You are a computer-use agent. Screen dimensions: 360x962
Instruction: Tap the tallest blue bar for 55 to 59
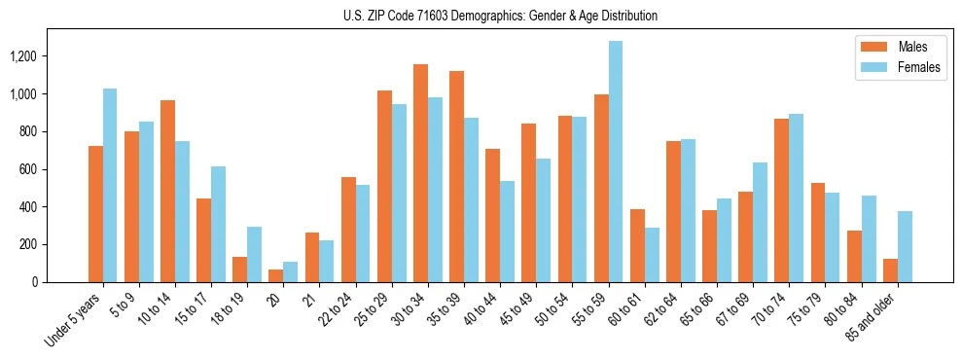[x=615, y=162]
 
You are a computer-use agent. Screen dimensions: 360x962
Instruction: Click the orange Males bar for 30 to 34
[x=420, y=173]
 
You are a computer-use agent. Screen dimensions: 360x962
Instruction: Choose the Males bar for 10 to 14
[x=167, y=191]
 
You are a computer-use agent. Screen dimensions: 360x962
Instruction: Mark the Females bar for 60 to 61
[x=652, y=255]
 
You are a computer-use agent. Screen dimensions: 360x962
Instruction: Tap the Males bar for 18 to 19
[x=239, y=270]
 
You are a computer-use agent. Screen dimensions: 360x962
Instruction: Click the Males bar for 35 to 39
[x=456, y=176]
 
